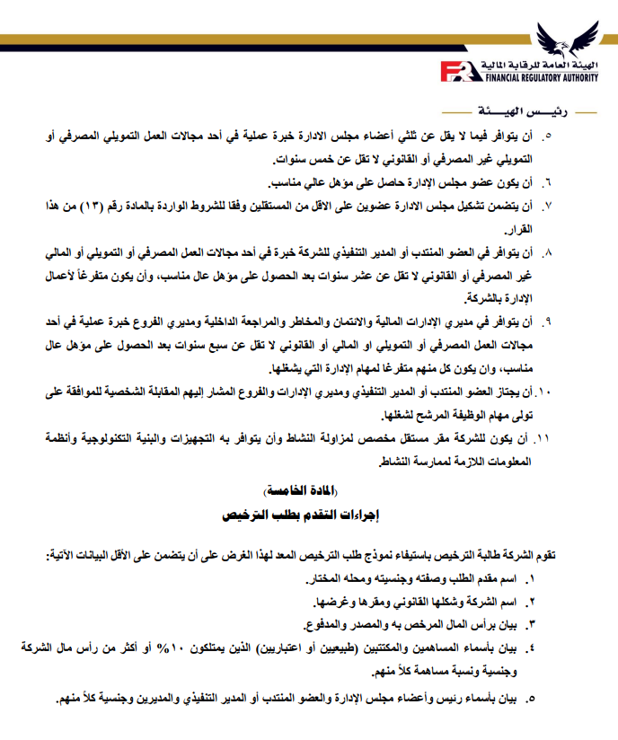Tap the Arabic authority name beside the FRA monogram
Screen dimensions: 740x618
pos(526,65)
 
